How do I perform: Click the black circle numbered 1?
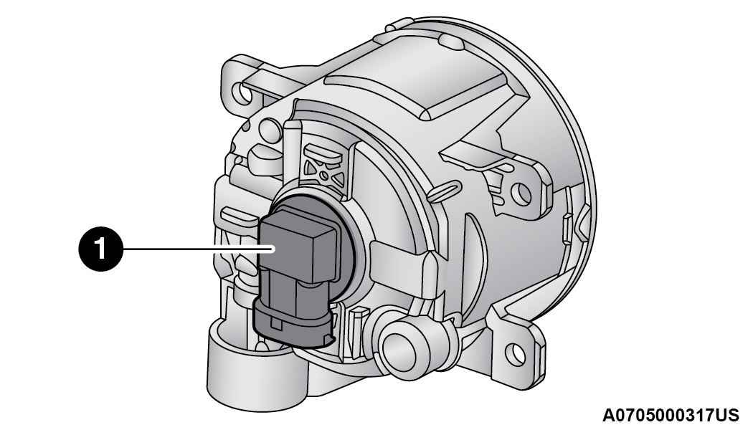pos(101,249)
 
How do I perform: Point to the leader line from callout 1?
pos(199,249)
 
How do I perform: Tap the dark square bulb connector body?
pos(298,249)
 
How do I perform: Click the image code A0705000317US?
pos(671,416)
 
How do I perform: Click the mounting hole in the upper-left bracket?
pos(242,92)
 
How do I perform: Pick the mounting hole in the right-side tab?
pos(521,194)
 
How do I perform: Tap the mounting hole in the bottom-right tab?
pos(516,354)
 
